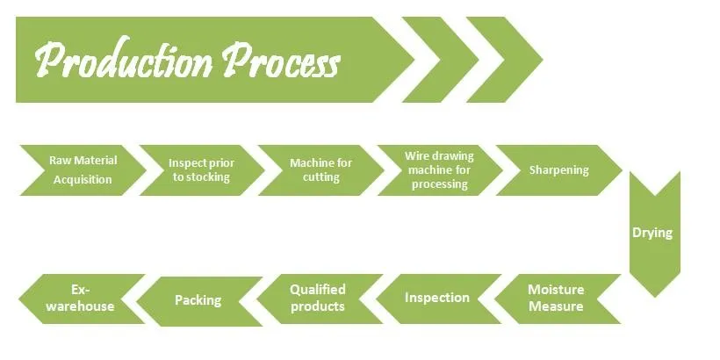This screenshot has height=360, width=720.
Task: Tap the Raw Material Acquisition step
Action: [x=83, y=169]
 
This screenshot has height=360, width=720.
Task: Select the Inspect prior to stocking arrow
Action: [x=201, y=169]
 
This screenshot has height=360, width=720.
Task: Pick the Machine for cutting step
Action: [x=321, y=169]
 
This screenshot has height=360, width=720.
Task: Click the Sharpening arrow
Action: [x=559, y=169]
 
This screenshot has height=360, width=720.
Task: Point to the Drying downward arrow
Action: [x=652, y=234]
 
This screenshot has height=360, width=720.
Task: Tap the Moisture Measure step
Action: [x=556, y=299]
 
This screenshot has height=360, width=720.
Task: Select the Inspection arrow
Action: [x=436, y=299]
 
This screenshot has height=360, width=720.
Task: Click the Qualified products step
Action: [x=318, y=299]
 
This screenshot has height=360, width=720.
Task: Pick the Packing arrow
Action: [x=198, y=300]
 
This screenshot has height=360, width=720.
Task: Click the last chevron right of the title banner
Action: [x=500, y=60]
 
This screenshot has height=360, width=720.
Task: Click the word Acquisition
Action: [x=83, y=179]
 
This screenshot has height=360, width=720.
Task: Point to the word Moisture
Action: [x=556, y=290]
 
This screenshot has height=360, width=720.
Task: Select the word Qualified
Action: [x=318, y=290]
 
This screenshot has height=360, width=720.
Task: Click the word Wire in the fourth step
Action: [x=417, y=155]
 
